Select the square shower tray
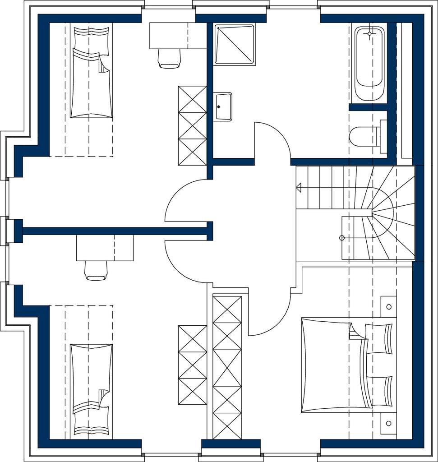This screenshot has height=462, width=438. pyautogui.click(x=235, y=44)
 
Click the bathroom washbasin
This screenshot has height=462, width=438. pyautogui.click(x=223, y=107)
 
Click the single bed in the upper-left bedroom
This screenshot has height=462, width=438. pyautogui.click(x=91, y=72)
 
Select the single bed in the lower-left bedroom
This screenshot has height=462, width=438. pyautogui.click(x=91, y=390)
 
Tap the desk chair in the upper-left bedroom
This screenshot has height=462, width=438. pyautogui.click(x=170, y=58)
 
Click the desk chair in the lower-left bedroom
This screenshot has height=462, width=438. pyautogui.click(x=96, y=270)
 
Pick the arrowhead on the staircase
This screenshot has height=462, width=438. pyautogui.click(x=299, y=187)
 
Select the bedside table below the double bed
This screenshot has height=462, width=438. pyautogui.click(x=388, y=423)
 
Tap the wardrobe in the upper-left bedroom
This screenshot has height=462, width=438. pyautogui.click(x=193, y=126)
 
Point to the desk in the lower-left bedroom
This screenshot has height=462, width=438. pyautogui.click(x=105, y=248)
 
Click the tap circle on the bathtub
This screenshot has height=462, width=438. pyautogui.click(x=369, y=33)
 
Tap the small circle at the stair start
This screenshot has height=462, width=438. pyautogui.click(x=342, y=238)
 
